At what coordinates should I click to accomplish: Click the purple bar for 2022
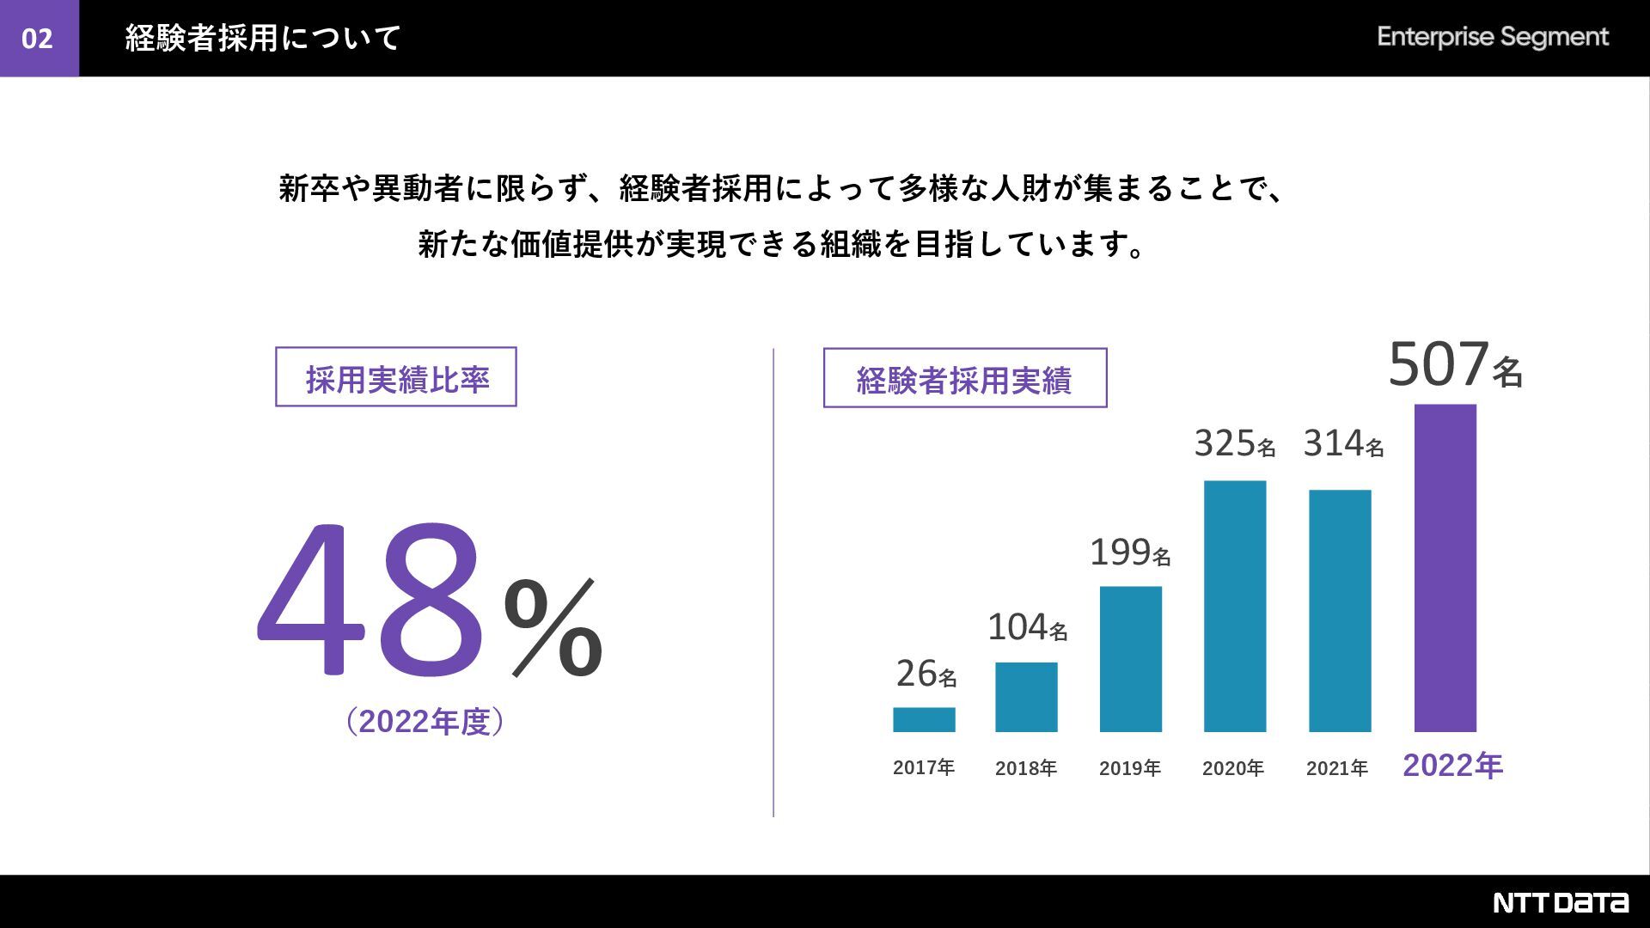(x=1445, y=568)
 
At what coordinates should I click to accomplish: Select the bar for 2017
(x=924, y=719)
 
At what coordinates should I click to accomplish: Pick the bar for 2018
(x=1026, y=697)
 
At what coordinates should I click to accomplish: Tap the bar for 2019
(x=1130, y=659)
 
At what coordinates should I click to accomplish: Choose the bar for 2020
(x=1234, y=606)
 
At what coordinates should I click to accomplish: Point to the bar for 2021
(x=1339, y=611)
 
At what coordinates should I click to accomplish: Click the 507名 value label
(x=1455, y=365)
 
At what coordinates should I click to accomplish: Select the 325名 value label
(x=1234, y=444)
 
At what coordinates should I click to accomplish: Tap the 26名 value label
(x=926, y=675)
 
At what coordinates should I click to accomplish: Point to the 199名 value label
(x=1129, y=553)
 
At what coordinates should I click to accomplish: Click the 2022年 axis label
(x=1452, y=766)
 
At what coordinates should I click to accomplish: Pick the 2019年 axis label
(x=1129, y=768)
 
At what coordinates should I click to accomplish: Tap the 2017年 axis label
(x=924, y=767)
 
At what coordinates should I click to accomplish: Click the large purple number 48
(x=371, y=599)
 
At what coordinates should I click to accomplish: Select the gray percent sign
(x=553, y=628)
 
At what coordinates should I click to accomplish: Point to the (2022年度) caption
(x=425, y=722)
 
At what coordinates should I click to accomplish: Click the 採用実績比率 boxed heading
(x=396, y=377)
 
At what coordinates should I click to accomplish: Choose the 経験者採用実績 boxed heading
(x=964, y=378)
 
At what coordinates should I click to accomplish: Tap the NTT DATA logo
(x=1560, y=902)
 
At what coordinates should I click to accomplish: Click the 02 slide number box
(x=39, y=39)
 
